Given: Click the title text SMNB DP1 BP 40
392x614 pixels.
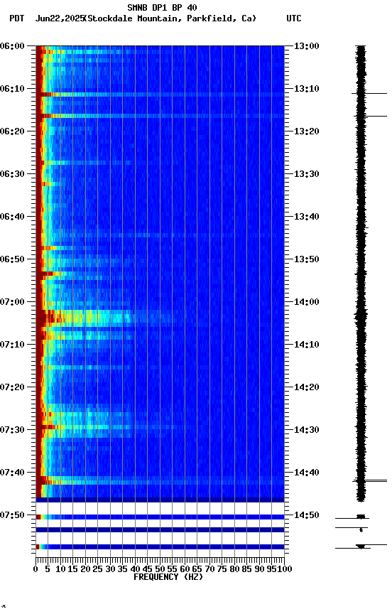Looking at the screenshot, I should [x=162, y=8].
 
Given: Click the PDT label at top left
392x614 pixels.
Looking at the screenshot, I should [x=16, y=18].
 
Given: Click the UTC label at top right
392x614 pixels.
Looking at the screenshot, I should [x=293, y=18].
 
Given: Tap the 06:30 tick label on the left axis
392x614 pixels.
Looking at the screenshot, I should [x=13, y=174].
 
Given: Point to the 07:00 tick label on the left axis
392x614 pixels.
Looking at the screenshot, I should [x=13, y=302].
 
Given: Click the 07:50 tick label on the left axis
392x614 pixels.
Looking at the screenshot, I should [x=13, y=515].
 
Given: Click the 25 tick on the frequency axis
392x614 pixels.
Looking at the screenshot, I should [x=98, y=569].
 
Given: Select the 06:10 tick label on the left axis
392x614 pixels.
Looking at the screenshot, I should [x=13, y=89].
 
